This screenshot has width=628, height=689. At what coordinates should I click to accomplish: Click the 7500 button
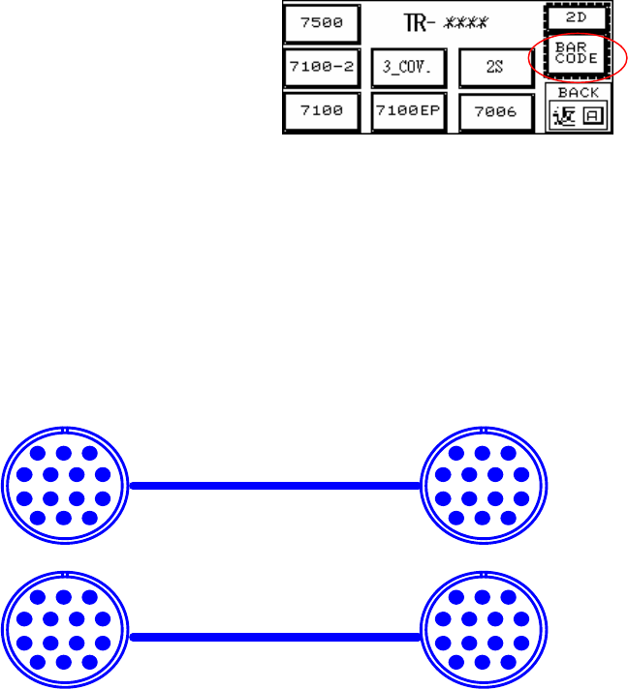[321, 23]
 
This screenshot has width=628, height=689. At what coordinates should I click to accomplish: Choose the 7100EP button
[408, 111]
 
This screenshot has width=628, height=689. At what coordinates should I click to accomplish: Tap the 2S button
[496, 67]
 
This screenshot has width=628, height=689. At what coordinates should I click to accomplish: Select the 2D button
[578, 17]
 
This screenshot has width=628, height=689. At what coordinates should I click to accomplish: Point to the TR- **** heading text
[446, 21]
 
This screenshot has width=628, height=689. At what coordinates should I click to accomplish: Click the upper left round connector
[64, 487]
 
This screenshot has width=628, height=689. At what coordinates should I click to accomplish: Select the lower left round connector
[64, 628]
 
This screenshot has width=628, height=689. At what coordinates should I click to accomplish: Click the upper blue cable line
[274, 487]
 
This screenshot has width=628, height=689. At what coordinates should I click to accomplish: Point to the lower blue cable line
[274, 637]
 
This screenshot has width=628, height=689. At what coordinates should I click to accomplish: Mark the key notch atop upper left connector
[64, 429]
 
